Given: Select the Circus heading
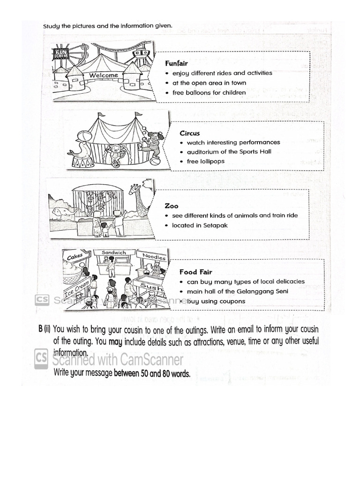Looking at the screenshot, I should [x=189, y=133].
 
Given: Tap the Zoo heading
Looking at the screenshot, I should [x=172, y=206].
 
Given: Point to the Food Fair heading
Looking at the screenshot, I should [x=195, y=272].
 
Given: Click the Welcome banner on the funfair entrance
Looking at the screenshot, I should [x=104, y=75].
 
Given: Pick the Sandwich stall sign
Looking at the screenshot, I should [x=113, y=253].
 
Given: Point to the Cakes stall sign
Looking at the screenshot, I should [x=75, y=257].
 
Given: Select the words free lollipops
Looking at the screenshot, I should [x=206, y=161].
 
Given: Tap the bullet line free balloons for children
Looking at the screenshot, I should [x=209, y=93].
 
